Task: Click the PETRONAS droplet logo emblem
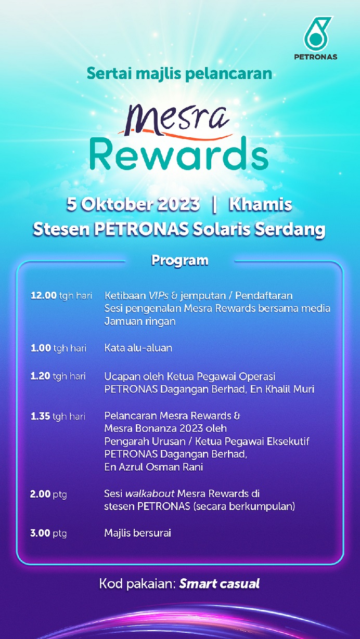(x=317, y=34)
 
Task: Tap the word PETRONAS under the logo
(x=315, y=57)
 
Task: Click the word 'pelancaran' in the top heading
(x=228, y=74)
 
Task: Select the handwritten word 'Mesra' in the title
(x=176, y=120)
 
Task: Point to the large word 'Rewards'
(x=179, y=154)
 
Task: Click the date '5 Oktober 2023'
(x=133, y=204)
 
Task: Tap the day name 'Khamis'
(x=260, y=204)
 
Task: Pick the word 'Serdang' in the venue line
(x=290, y=230)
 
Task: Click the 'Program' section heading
(x=179, y=260)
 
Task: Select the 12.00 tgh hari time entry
(x=61, y=296)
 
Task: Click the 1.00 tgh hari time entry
(x=58, y=348)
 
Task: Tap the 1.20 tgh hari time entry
(x=58, y=376)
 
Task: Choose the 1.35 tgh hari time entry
(x=58, y=416)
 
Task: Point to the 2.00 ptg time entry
(x=48, y=494)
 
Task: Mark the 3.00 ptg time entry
(x=48, y=533)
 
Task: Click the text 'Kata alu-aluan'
(x=138, y=348)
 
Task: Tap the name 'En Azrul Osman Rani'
(x=153, y=467)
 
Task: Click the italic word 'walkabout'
(x=150, y=493)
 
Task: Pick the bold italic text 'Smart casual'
(x=219, y=584)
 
